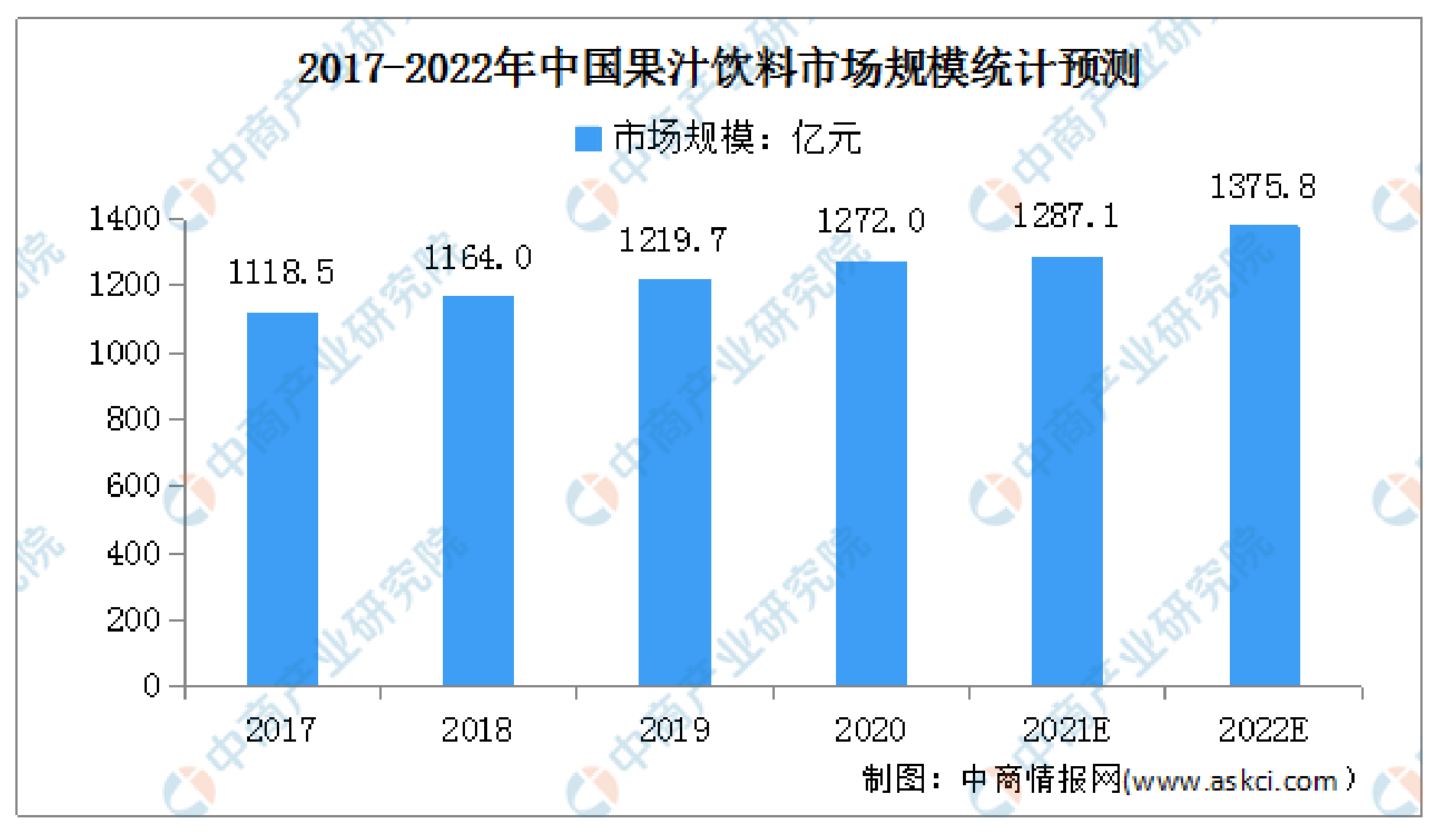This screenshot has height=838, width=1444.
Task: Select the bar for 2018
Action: pyautogui.click(x=478, y=490)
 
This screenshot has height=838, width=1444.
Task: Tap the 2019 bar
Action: pyautogui.click(x=675, y=482)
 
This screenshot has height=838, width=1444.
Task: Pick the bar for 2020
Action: pyautogui.click(x=871, y=473)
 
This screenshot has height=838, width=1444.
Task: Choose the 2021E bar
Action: pyautogui.click(x=1067, y=471)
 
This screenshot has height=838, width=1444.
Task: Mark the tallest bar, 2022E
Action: pyautogui.click(x=1264, y=455)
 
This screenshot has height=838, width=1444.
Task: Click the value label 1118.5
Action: pyautogui.click(x=281, y=272)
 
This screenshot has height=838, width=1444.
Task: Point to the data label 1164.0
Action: pyautogui.click(x=477, y=258)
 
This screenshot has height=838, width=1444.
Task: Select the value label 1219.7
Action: pyautogui.click(x=672, y=241)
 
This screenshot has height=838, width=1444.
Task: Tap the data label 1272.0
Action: pyautogui.click(x=870, y=222)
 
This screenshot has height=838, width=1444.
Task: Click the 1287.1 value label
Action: pyautogui.click(x=1065, y=216)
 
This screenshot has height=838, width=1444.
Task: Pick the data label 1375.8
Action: pyautogui.click(x=1262, y=187)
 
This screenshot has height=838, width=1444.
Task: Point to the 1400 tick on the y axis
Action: pyautogui.click(x=125, y=219)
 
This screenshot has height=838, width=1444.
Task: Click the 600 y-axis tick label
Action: pyautogui.click(x=133, y=486)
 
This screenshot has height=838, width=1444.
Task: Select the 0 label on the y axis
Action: pyautogui.click(x=151, y=686)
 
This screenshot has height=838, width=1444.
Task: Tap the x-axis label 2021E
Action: pyautogui.click(x=1066, y=730)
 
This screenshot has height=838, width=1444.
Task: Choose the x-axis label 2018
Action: pyautogui.click(x=476, y=730)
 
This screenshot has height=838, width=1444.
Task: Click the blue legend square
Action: pyautogui.click(x=588, y=139)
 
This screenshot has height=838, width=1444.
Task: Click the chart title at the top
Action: pyautogui.click(x=719, y=69)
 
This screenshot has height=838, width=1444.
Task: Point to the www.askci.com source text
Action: pyautogui.click(x=1234, y=781)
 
